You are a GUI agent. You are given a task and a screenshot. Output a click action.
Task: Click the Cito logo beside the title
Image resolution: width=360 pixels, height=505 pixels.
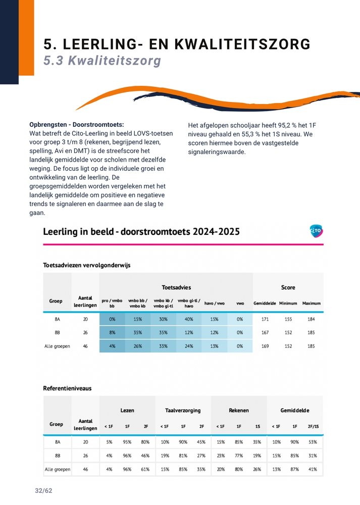(316, 231)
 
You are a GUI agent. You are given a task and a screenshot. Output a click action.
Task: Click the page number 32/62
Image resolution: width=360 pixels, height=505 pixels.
(43, 491)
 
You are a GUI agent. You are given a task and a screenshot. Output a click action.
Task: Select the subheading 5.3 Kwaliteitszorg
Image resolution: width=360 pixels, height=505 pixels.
(102, 61)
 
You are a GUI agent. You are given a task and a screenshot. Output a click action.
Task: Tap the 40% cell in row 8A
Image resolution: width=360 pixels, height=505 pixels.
(189, 319)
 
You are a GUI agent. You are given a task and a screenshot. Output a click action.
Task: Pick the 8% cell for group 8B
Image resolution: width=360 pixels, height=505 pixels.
(112, 333)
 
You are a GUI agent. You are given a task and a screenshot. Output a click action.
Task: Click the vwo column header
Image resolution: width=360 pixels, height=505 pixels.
(240, 304)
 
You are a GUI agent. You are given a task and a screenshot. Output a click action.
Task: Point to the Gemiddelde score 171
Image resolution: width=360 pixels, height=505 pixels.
(265, 319)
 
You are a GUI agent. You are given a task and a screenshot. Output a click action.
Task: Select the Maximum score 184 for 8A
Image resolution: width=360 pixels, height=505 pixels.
(311, 319)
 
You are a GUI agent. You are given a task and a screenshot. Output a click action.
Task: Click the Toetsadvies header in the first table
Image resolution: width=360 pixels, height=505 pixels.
(176, 287)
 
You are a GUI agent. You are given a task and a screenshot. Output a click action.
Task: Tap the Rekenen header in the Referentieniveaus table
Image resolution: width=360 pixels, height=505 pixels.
(239, 411)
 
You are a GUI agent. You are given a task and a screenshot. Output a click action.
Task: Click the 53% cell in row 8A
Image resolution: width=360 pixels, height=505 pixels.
(312, 442)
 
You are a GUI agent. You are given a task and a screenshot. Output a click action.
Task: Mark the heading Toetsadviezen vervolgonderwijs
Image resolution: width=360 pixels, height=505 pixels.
(87, 265)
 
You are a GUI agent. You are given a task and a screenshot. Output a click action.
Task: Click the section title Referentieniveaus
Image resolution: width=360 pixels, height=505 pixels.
(68, 388)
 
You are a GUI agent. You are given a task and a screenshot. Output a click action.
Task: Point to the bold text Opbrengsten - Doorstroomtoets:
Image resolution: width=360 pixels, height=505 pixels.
(77, 124)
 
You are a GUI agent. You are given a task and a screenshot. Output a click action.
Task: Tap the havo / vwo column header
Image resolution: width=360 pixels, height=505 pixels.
(214, 304)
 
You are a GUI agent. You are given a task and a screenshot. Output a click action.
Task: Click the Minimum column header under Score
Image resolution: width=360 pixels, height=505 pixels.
(288, 304)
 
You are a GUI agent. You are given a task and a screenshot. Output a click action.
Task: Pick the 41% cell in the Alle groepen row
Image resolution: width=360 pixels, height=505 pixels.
(312, 469)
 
